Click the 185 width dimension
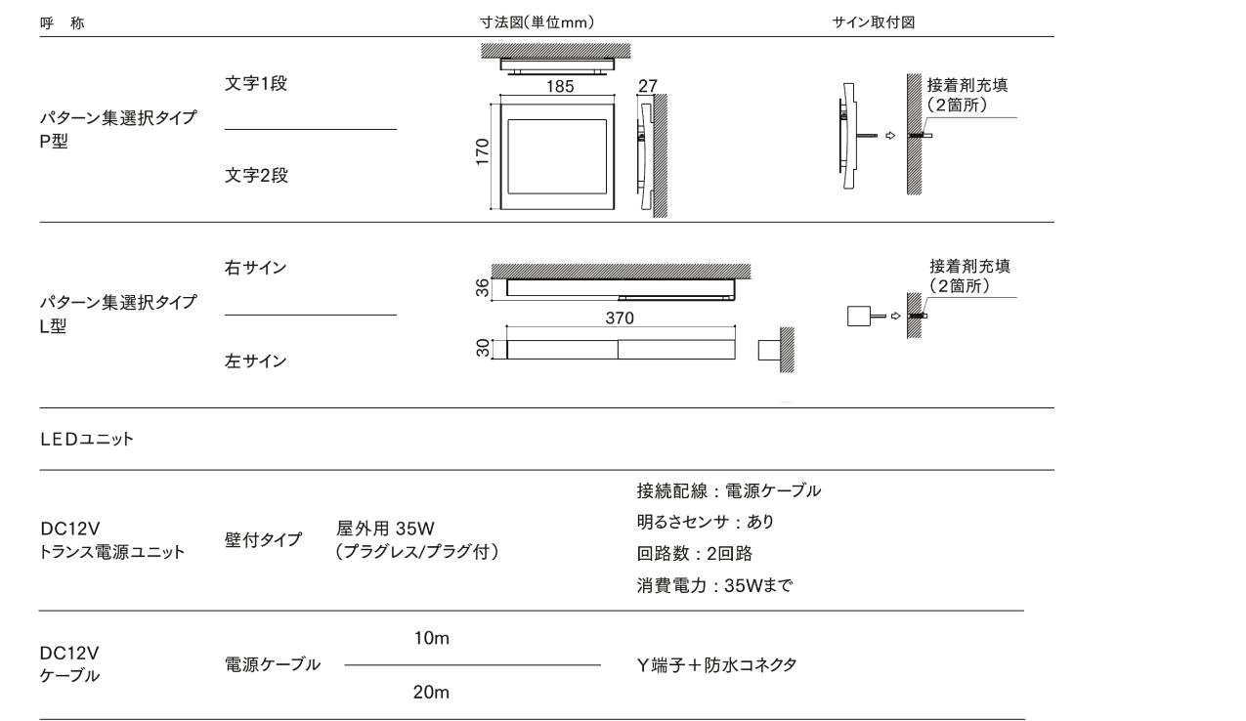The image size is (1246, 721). [560, 86]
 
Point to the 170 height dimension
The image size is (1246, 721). [482, 151]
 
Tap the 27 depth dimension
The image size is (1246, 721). [648, 86]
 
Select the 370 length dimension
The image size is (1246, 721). [620, 318]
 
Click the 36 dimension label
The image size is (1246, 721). [482, 288]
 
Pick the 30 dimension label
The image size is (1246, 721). [482, 348]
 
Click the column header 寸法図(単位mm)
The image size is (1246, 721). [537, 22]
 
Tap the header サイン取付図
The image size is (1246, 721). [874, 22]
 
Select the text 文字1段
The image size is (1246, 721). [256, 83]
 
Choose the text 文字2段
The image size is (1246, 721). [256, 175]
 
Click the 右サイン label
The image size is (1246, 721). [255, 268]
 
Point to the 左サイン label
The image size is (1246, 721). [255, 360]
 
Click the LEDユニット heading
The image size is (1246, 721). [87, 440]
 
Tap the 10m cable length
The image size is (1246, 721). [431, 638]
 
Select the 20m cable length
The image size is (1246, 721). [431, 692]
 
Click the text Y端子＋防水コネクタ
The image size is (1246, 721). [717, 665]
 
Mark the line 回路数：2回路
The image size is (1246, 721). [695, 553]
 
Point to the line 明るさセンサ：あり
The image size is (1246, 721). [706, 522]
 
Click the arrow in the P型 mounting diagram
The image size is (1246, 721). [890, 136]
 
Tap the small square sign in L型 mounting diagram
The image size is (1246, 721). [859, 316]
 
